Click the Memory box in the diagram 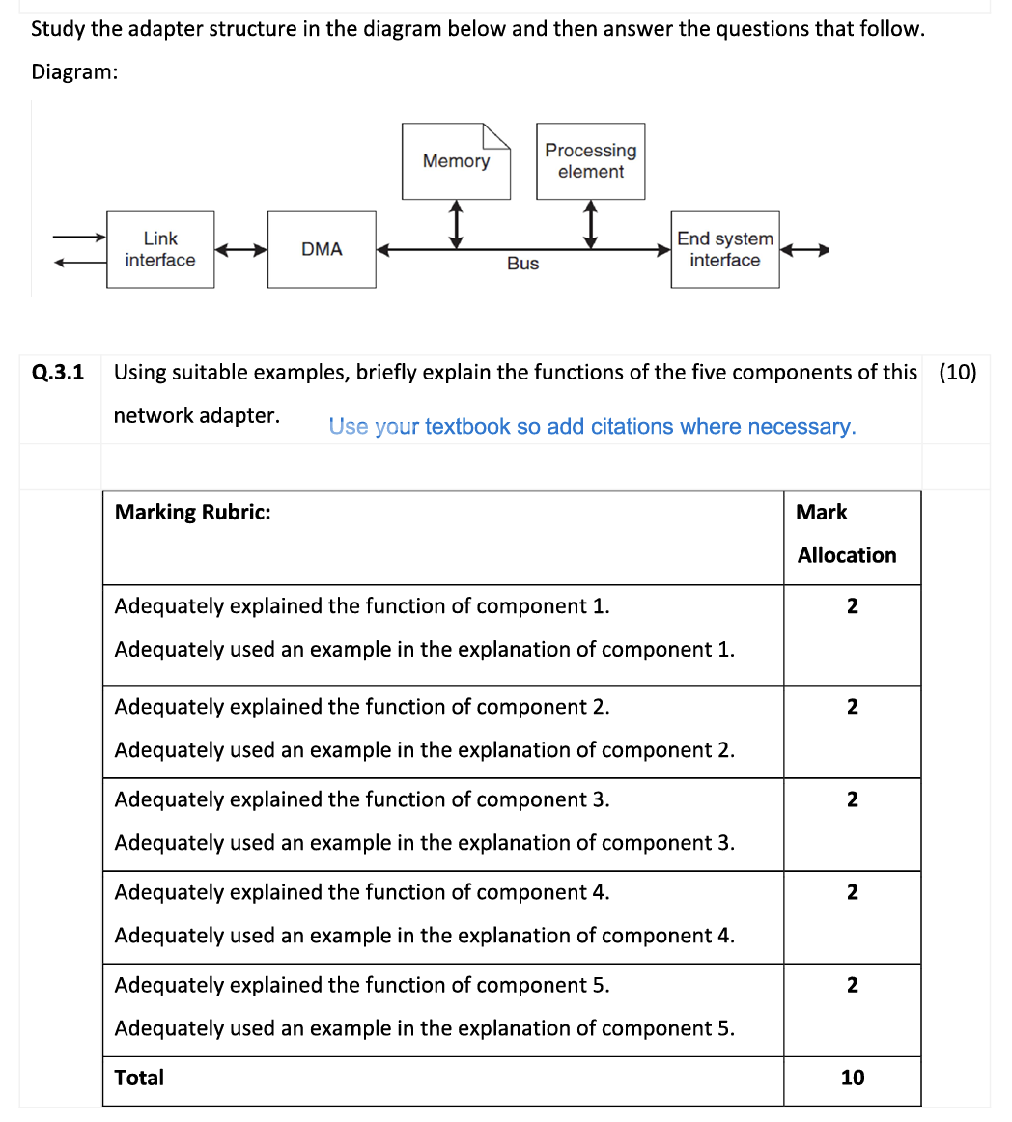pos(456,161)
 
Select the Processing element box pos(590,161)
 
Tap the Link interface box pos(160,249)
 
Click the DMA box pos(322,249)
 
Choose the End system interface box pos(725,249)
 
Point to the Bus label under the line pos(522,264)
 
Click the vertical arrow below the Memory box pos(456,223)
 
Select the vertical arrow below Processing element pos(590,223)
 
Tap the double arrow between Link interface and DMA pos(240,250)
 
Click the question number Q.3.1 pos(58,372)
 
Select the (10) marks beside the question pos(957,372)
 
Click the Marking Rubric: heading pos(192,512)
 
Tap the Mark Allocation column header pos(846,534)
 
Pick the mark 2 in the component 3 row pos(852,799)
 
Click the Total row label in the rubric pos(139,1078)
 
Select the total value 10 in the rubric pos(852,1078)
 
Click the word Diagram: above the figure pos(74,72)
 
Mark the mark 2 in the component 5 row pos(852,985)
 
